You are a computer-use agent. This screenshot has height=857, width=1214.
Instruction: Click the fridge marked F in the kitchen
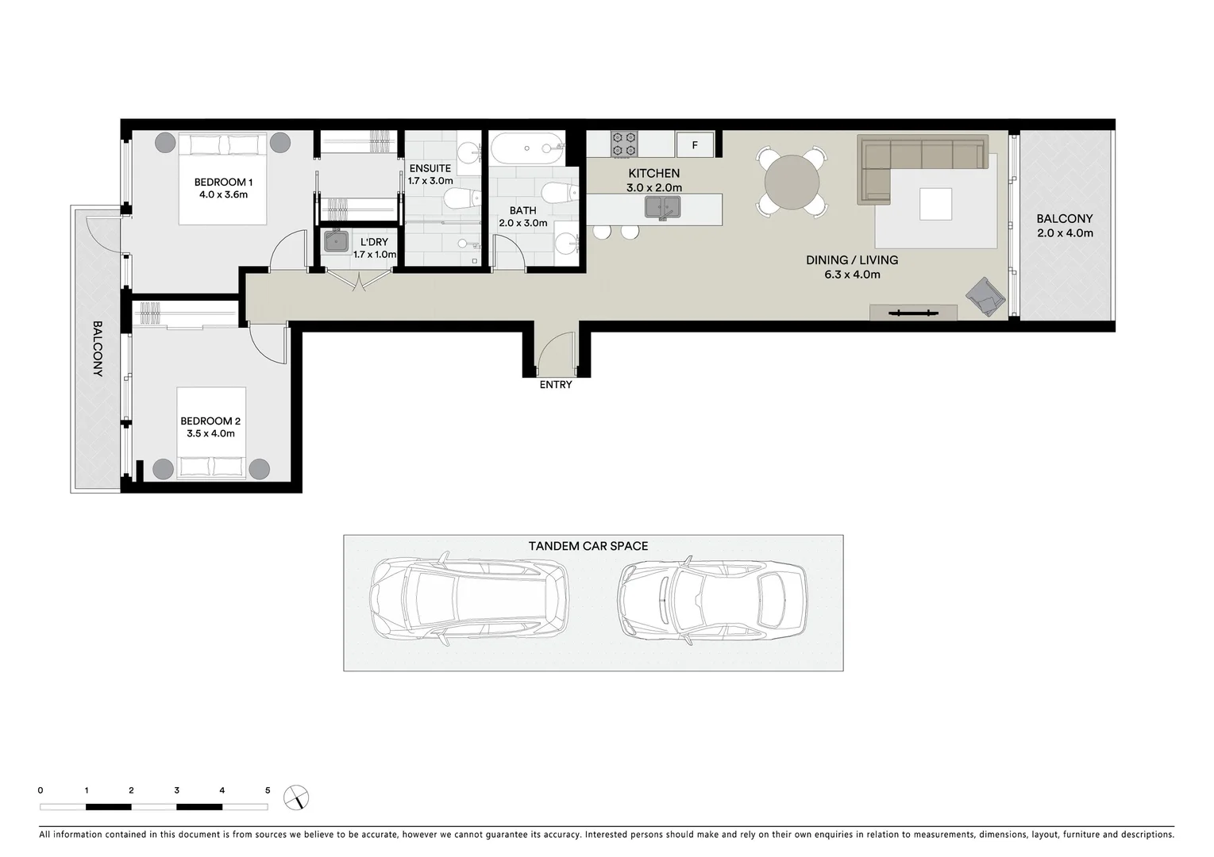tap(695, 145)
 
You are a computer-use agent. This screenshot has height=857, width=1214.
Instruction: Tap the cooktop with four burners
tap(624, 144)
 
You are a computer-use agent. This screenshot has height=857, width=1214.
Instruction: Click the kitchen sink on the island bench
tap(662, 208)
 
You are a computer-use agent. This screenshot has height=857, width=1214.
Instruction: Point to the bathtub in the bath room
tap(526, 148)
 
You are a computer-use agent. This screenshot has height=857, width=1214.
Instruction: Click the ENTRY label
tap(555, 385)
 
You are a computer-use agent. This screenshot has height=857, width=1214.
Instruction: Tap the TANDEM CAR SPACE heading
tap(588, 546)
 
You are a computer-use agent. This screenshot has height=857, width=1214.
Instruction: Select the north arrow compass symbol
tap(296, 797)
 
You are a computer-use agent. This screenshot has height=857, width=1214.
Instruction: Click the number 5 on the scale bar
tap(268, 790)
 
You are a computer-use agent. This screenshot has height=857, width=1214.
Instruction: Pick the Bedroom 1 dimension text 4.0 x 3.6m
tap(223, 194)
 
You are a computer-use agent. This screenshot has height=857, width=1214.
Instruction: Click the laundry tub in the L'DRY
tap(336, 241)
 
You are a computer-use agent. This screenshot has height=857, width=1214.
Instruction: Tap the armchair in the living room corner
tap(985, 297)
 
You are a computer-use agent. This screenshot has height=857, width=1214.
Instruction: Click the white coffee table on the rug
tap(935, 204)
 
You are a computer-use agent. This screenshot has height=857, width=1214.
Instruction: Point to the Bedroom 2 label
tap(210, 421)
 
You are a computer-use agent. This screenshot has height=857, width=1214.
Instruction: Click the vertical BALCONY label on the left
tap(98, 348)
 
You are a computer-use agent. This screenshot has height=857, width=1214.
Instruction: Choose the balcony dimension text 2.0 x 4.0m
tap(1064, 233)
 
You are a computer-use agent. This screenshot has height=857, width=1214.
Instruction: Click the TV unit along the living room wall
tap(912, 313)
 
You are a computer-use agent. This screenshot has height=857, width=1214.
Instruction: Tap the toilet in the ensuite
tap(461, 198)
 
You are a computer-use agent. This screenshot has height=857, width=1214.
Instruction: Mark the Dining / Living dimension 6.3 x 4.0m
tap(852, 275)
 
